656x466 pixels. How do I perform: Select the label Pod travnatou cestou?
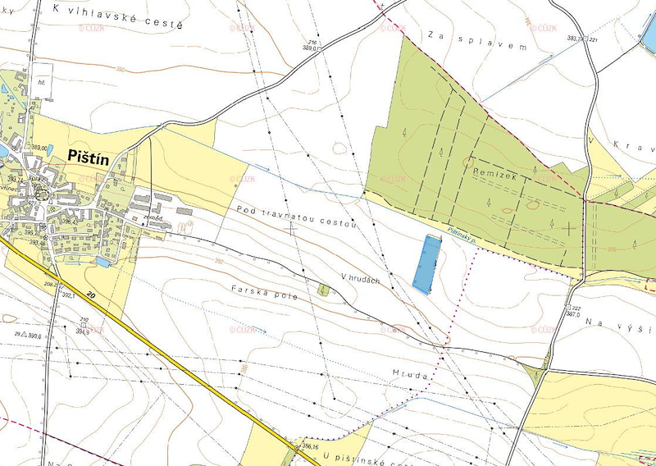(296, 217)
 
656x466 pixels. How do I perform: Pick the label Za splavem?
(476, 41)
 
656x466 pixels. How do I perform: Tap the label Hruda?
(411, 374)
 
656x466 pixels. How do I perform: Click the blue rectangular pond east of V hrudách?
(426, 264)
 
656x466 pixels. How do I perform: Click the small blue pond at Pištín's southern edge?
(102, 262)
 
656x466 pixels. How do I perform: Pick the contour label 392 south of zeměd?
(194, 261)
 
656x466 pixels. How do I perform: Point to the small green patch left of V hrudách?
(324, 290)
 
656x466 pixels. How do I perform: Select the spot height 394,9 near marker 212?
(82, 331)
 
